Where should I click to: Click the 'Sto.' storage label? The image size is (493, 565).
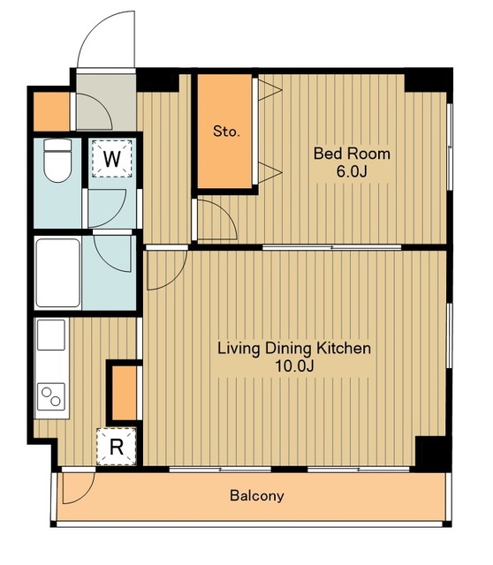tap(226, 132)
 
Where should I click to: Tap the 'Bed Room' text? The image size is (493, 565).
tap(352, 154)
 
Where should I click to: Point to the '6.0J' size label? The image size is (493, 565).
tap(352, 171)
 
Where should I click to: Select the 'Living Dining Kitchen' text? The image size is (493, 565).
tap(294, 349)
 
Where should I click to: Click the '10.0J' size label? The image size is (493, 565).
tap(294, 366)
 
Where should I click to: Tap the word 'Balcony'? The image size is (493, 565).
tap(257, 496)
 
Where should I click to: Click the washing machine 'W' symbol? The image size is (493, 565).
tap(112, 159)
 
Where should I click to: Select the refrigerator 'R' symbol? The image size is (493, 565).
tap(116, 447)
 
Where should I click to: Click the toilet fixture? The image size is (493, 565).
tap(57, 160)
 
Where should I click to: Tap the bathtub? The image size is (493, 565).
tap(57, 273)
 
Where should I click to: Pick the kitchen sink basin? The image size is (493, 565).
tap(51, 335)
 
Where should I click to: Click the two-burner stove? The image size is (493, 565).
tap(51, 396)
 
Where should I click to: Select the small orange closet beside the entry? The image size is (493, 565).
tap(51, 112)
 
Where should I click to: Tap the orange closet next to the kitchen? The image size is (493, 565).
tap(125, 393)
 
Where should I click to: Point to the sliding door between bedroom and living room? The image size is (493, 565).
tap(332, 247)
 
